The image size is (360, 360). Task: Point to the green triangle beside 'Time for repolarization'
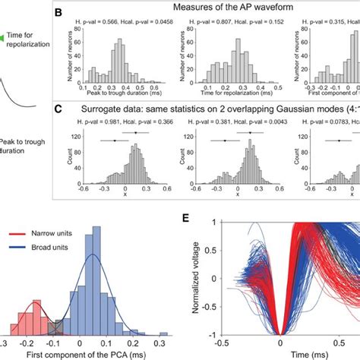(4, 36)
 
